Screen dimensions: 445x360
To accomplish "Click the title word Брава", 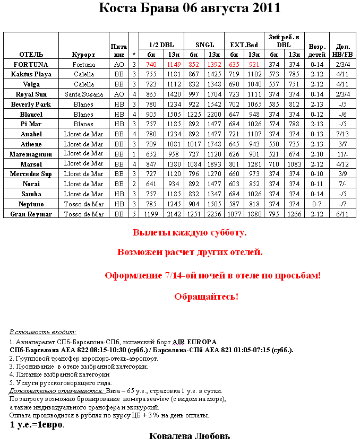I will (x=158, y=8).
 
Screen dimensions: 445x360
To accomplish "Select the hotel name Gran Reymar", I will (x=31, y=214).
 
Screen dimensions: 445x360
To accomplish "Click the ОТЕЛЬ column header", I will (x=31, y=55).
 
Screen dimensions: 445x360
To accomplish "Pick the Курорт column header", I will (x=83, y=55).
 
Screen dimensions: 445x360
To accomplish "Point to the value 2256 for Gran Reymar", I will (x=215, y=214).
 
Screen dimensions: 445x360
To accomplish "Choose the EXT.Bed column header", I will (x=244, y=45).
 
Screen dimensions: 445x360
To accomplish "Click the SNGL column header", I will (x=204, y=45).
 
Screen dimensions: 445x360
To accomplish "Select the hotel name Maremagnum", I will (x=31, y=154).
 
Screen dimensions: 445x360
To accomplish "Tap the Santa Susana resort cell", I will (x=83, y=94).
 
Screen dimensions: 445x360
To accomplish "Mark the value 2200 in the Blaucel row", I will (x=215, y=115).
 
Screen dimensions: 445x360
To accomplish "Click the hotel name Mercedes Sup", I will (x=31, y=174).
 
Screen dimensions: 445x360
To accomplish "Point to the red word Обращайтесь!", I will (x=207, y=296).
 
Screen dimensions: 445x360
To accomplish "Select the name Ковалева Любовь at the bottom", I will (x=190, y=436).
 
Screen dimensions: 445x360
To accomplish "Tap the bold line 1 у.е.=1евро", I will (x=37, y=425).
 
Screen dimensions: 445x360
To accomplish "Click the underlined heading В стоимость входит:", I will (x=43, y=331).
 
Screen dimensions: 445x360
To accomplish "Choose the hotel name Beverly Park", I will (x=31, y=104).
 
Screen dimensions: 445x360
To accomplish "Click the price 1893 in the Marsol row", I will (x=215, y=164).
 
